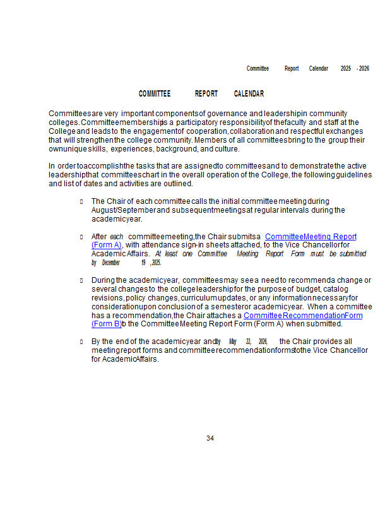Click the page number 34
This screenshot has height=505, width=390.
[210, 438]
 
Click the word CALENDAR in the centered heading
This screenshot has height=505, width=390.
[249, 94]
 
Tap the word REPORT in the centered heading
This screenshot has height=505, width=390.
[206, 94]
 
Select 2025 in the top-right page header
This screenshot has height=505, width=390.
[346, 68]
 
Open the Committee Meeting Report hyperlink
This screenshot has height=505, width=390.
[310, 237]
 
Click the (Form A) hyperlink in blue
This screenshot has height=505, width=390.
[106, 245]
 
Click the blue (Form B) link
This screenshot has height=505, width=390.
[106, 324]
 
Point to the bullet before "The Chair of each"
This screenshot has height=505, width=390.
[82, 201]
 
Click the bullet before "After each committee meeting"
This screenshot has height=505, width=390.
[82, 237]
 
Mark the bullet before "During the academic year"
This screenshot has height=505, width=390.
[82, 280]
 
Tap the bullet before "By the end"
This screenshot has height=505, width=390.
[82, 342]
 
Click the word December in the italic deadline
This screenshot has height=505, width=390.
[111, 263]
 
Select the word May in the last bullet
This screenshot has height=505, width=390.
[232, 342]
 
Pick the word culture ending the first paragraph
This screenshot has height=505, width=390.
[227, 149]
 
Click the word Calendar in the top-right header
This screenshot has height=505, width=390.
[318, 68]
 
